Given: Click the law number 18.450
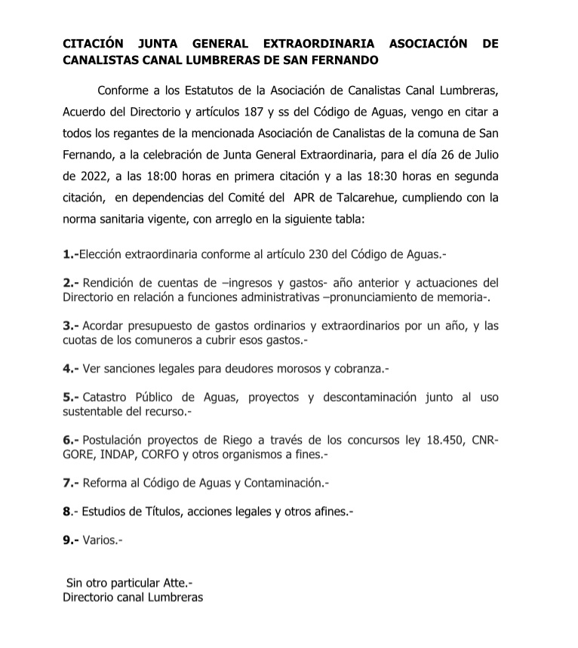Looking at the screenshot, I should pyautogui.click(x=447, y=440).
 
